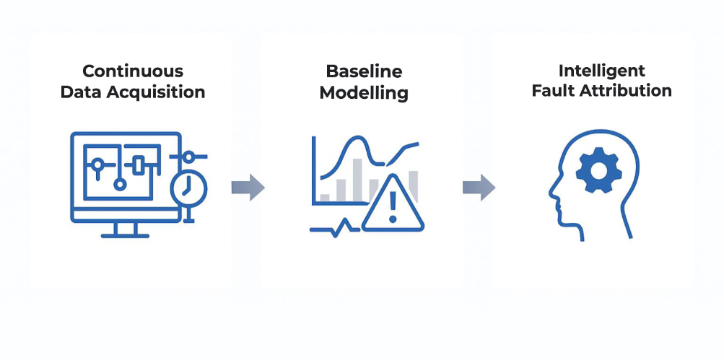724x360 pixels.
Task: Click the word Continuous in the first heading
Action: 133,71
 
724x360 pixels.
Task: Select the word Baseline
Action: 365,71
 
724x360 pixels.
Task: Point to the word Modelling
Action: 364,93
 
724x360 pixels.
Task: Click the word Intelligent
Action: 602,71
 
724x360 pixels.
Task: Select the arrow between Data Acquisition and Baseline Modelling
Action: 248,188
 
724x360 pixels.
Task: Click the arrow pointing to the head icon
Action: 479,188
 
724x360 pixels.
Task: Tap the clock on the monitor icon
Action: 188,190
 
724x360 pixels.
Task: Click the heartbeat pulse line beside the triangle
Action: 335,227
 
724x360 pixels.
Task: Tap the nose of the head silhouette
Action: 551,194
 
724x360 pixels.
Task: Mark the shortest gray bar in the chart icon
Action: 325,196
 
